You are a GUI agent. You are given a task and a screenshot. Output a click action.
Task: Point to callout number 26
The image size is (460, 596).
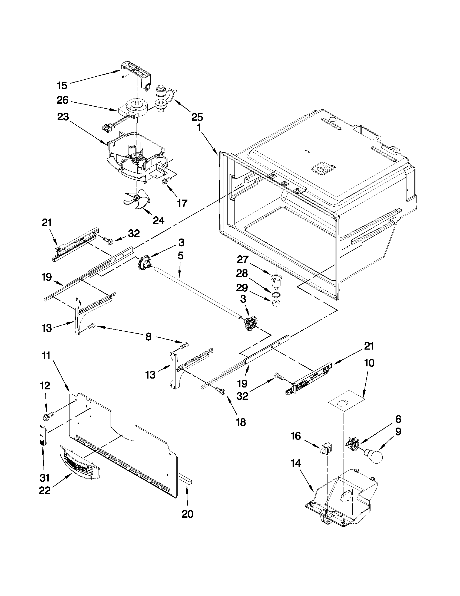(62, 100)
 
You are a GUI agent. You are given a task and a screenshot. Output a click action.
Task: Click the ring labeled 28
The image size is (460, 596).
(276, 294)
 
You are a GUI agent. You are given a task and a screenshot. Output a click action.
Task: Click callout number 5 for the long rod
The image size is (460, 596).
(180, 256)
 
